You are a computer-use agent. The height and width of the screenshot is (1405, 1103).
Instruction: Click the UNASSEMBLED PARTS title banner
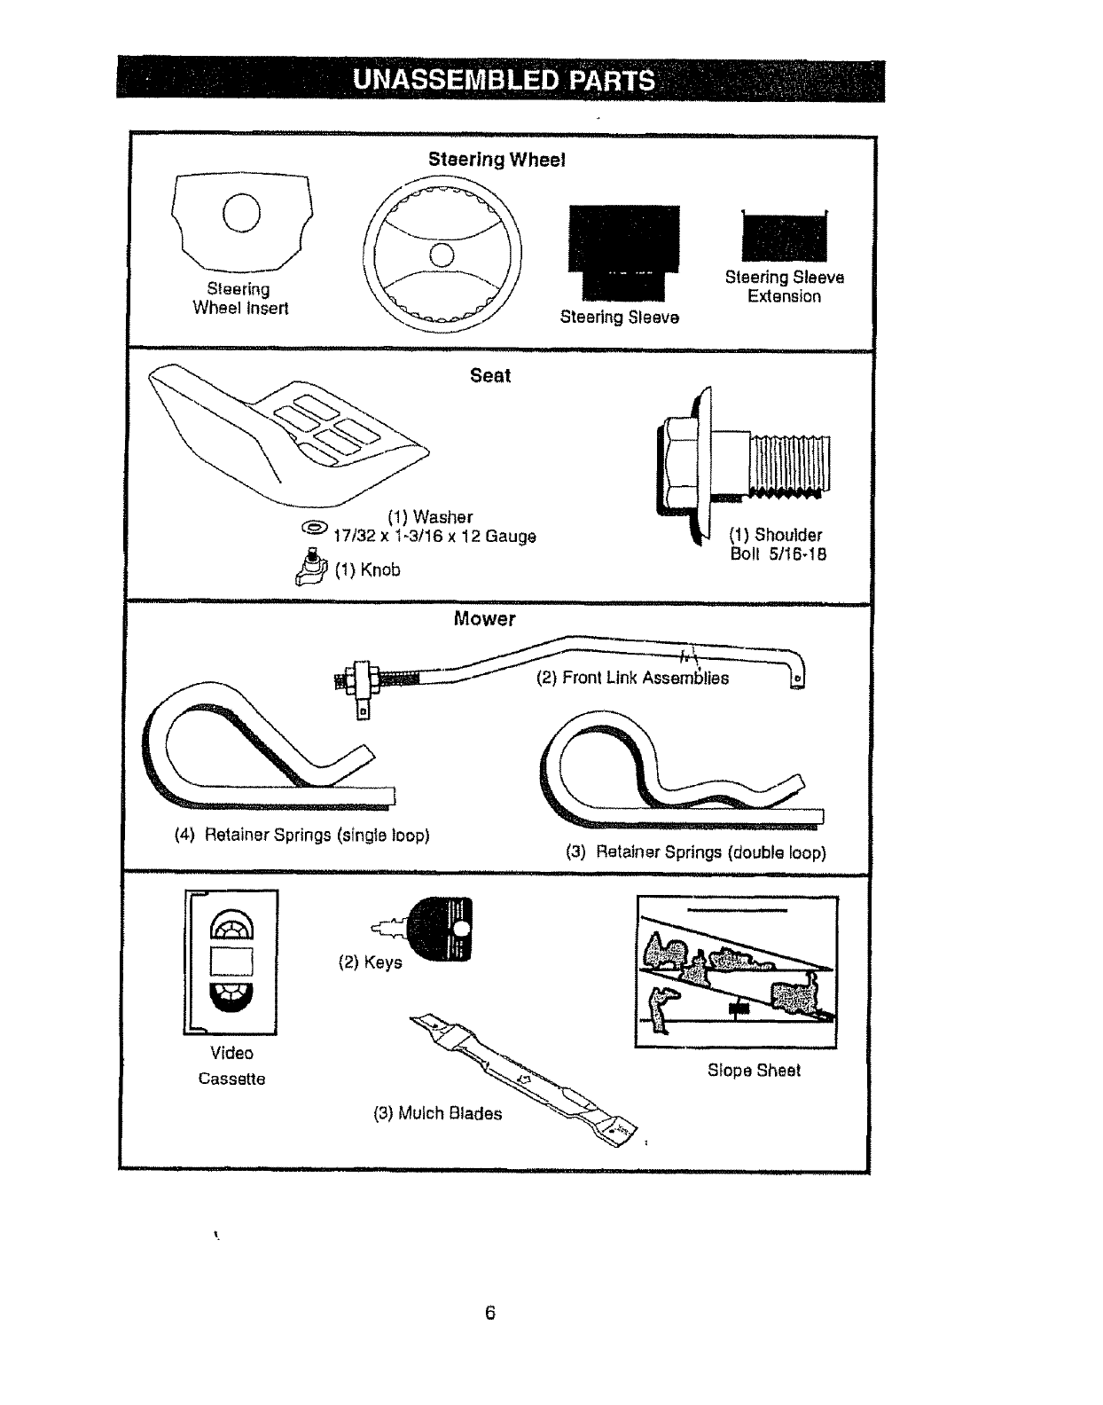(502, 81)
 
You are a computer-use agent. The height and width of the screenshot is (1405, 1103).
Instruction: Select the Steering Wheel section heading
(497, 160)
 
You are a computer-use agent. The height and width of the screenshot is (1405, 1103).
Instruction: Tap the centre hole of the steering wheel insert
(240, 213)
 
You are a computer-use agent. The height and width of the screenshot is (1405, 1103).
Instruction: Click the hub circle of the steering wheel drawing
(442, 255)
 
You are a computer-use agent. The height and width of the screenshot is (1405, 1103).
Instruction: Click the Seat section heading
(490, 375)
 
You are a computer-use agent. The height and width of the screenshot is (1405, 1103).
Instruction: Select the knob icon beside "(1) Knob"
(312, 566)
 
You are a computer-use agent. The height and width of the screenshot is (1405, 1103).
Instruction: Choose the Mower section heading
(484, 619)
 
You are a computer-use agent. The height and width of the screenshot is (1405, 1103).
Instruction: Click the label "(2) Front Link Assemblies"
(632, 679)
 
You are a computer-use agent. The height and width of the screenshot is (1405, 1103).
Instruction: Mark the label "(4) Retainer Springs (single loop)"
(302, 836)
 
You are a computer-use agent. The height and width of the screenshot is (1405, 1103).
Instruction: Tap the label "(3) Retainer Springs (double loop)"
(696, 852)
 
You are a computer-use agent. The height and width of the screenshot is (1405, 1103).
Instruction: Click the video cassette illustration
(231, 962)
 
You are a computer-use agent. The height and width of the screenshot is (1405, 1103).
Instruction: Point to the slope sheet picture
(737, 972)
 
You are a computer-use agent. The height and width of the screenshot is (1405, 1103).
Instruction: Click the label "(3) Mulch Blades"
(437, 1113)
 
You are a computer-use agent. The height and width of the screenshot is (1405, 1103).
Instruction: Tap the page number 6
(490, 1314)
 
